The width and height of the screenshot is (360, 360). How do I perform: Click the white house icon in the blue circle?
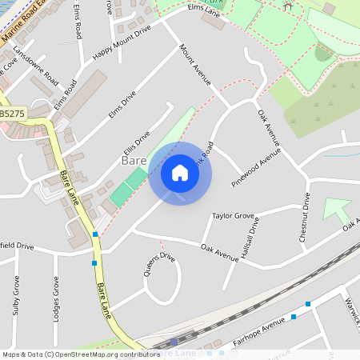pos(180,173)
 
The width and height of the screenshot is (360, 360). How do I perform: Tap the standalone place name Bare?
pos(132,161)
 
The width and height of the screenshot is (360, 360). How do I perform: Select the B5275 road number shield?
pos(11,114)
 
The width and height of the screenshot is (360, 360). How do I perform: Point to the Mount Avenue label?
pos(194,64)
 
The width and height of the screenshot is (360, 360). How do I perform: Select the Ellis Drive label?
pos(136,143)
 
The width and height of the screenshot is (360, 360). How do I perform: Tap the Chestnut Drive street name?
pos(304,217)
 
